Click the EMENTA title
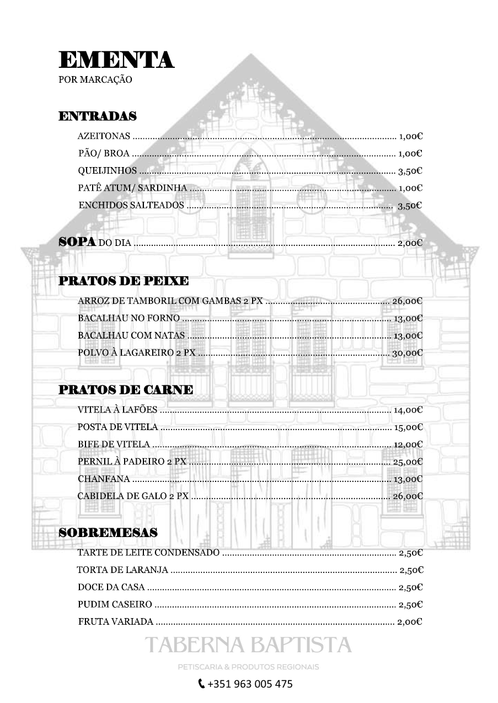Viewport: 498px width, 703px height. point(116,60)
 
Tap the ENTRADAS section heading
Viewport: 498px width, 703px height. point(98,116)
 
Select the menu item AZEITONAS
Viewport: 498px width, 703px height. point(104,136)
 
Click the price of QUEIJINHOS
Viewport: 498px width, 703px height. point(410,171)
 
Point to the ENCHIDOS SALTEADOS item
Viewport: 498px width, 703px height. point(131,205)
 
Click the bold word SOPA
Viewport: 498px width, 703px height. point(77,242)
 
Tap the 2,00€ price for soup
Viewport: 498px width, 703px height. point(410,243)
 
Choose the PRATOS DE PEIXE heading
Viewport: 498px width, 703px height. point(124,281)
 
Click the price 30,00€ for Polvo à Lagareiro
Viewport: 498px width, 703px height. point(407,353)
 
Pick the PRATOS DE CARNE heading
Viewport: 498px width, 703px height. point(126,390)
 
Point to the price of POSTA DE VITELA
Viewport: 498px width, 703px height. point(408,427)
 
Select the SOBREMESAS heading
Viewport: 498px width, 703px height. point(108,533)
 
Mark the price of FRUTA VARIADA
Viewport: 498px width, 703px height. point(410,622)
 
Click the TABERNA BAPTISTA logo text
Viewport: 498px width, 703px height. point(248,645)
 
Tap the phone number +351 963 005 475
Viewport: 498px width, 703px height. point(250,684)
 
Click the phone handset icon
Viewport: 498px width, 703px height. point(201,684)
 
